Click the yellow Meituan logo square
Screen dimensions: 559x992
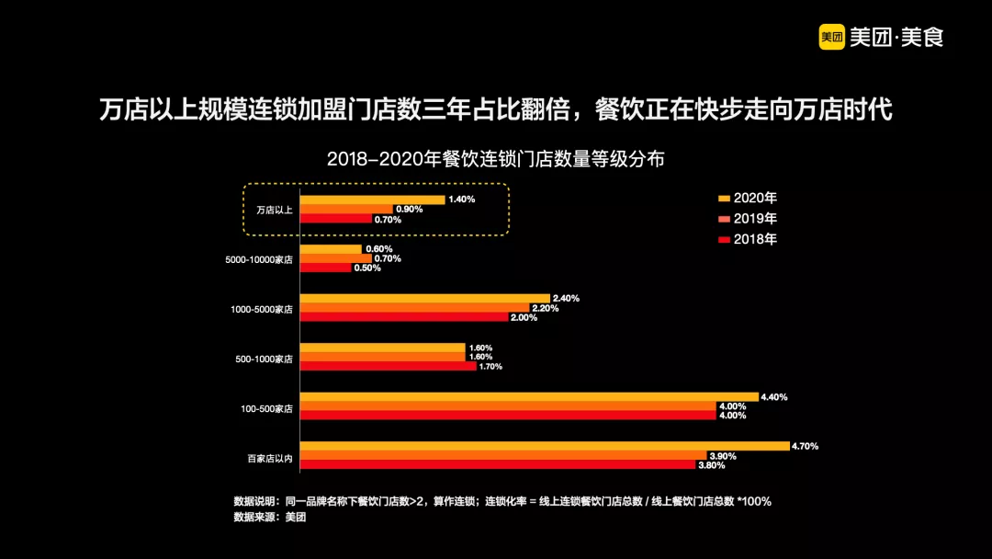[x=832, y=37]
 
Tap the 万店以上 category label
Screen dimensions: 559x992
[x=274, y=210]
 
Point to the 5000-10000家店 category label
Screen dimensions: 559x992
[x=259, y=259]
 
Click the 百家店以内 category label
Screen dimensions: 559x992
[x=269, y=457]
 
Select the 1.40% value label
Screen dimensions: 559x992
[x=461, y=200]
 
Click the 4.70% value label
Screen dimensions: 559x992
[x=806, y=446]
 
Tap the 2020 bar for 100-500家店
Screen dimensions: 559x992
[x=529, y=397]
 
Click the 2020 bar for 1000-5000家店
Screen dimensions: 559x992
[x=425, y=298]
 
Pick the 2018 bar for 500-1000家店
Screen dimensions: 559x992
[x=389, y=366]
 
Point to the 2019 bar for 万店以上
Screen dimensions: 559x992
[x=346, y=209]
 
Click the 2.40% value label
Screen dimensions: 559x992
[x=566, y=298]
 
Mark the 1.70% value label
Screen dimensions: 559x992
[x=492, y=366]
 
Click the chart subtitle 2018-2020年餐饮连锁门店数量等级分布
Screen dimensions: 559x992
[x=495, y=158]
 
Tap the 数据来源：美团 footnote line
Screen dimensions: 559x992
[x=269, y=518]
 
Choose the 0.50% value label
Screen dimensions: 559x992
[x=367, y=268]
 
